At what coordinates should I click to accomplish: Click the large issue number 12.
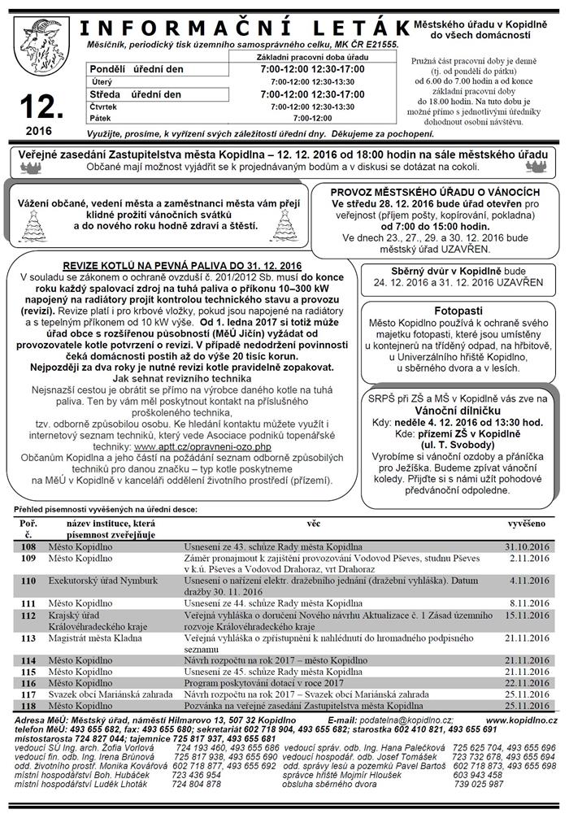[x=39, y=106]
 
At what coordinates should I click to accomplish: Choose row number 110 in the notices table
[x=29, y=581]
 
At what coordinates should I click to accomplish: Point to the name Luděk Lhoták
[x=101, y=784]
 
